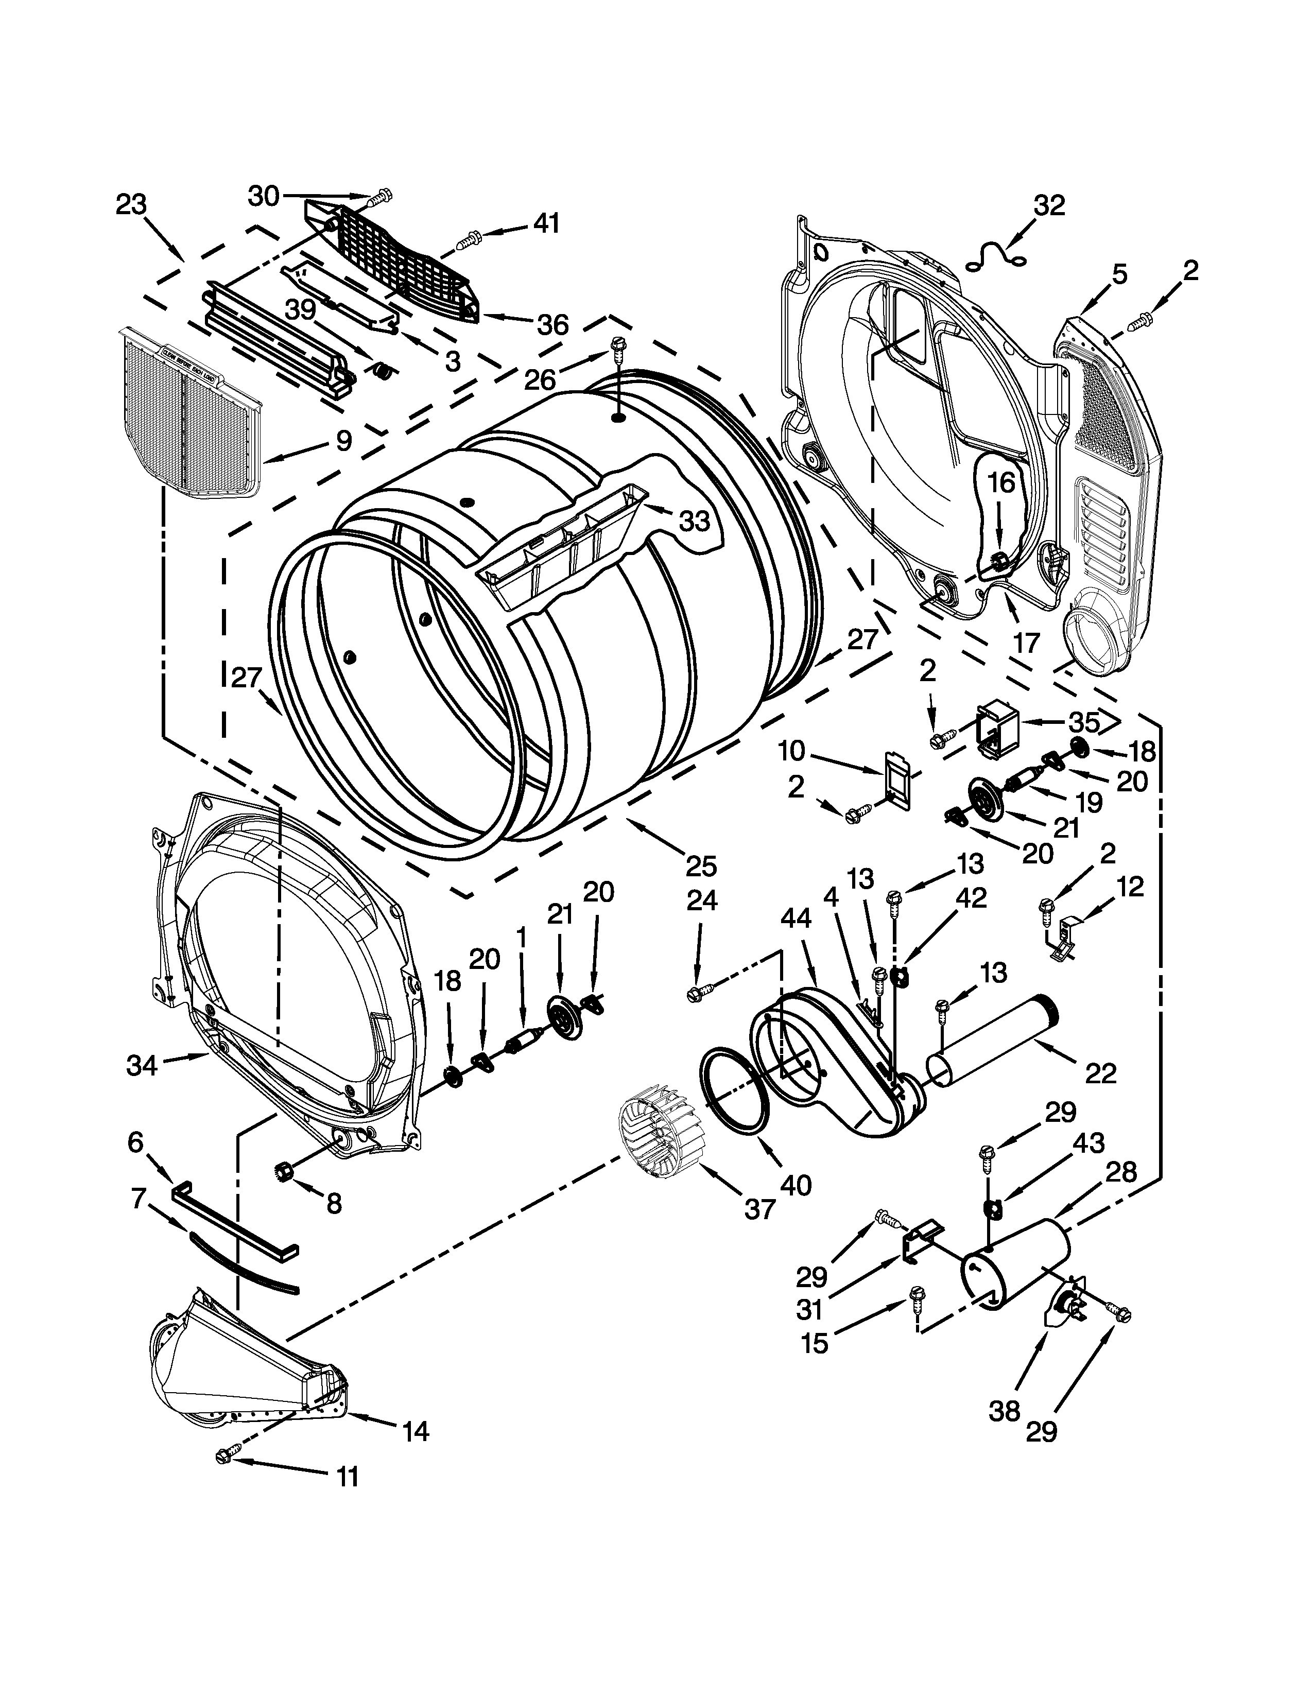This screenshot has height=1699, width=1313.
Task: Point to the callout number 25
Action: [x=701, y=865]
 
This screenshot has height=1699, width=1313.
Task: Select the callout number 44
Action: [x=796, y=918]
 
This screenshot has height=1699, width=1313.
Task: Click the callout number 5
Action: [x=1118, y=274]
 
